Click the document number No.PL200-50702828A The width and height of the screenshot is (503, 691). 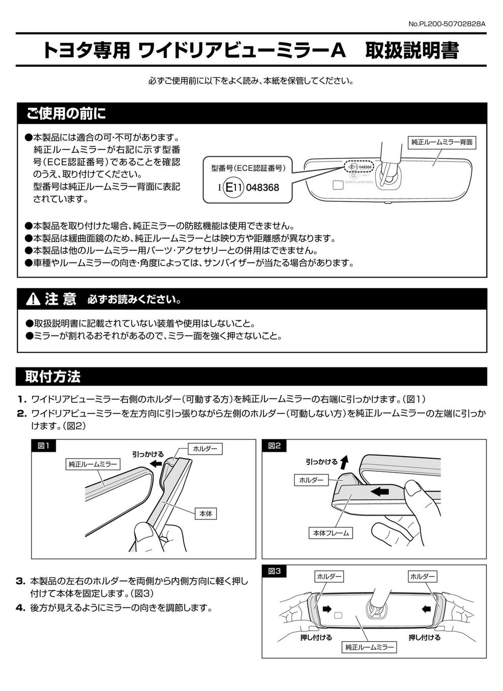pos(447,24)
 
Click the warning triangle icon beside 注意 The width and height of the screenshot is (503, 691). pos(33,299)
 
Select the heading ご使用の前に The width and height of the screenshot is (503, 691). pos(66,113)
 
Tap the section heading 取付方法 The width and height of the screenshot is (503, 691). pos(53,376)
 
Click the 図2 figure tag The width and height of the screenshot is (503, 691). pos(274,446)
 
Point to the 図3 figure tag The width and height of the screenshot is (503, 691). pos(274,571)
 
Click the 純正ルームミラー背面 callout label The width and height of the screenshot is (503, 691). pos(442,142)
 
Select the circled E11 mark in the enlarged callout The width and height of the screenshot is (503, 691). pos(233,187)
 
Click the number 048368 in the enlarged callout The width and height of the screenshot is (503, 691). pos(263,188)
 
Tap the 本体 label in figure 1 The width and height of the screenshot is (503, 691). pos(206,513)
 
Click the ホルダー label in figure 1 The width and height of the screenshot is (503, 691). pos(205,449)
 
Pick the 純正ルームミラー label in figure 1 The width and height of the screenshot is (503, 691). pos(93,464)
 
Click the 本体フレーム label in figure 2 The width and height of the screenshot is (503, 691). pos(331,533)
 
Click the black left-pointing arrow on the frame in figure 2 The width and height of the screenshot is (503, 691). pos(380,491)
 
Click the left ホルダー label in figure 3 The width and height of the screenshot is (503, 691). pos(329,576)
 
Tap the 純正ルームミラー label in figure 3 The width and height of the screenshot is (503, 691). pos(369,647)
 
